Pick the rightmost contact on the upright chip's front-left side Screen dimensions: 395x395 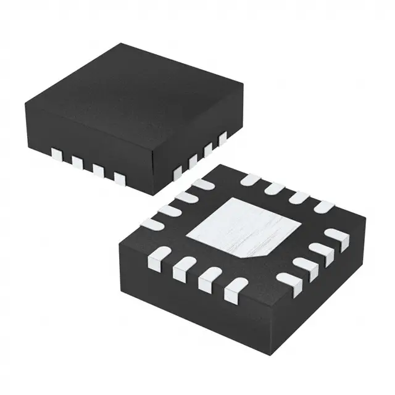(119, 178)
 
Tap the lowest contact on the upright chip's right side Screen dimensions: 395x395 (178, 170)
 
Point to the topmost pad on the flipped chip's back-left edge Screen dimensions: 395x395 (201, 184)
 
